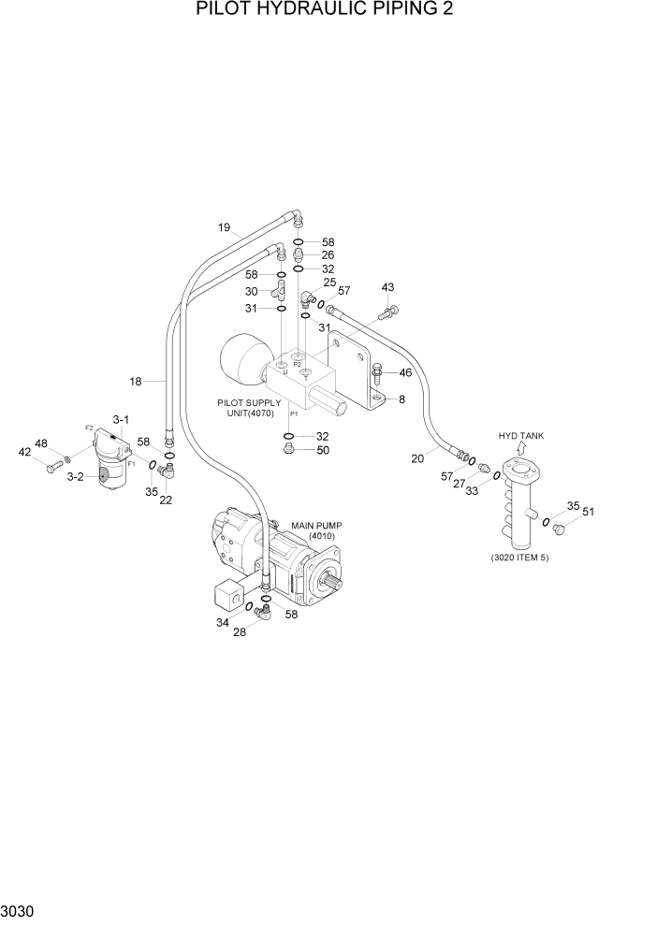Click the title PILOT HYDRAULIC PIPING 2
(x=328, y=10)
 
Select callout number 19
(x=225, y=227)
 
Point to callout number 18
(x=136, y=381)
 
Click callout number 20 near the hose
(x=418, y=457)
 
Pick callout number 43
(x=387, y=287)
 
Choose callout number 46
(x=405, y=372)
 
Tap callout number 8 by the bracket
(x=401, y=399)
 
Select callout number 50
(x=323, y=451)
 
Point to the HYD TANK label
(x=520, y=436)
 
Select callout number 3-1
(x=123, y=418)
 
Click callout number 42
(x=26, y=452)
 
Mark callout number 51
(x=589, y=511)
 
